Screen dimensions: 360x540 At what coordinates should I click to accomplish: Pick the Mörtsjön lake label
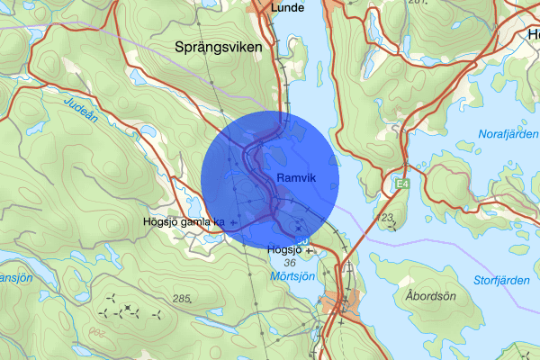[x=293, y=276]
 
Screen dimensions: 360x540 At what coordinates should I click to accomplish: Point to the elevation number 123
[x=388, y=218]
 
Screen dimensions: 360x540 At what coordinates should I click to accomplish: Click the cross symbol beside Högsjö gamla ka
[x=234, y=221]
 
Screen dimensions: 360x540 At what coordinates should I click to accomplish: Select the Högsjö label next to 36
[x=283, y=249]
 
